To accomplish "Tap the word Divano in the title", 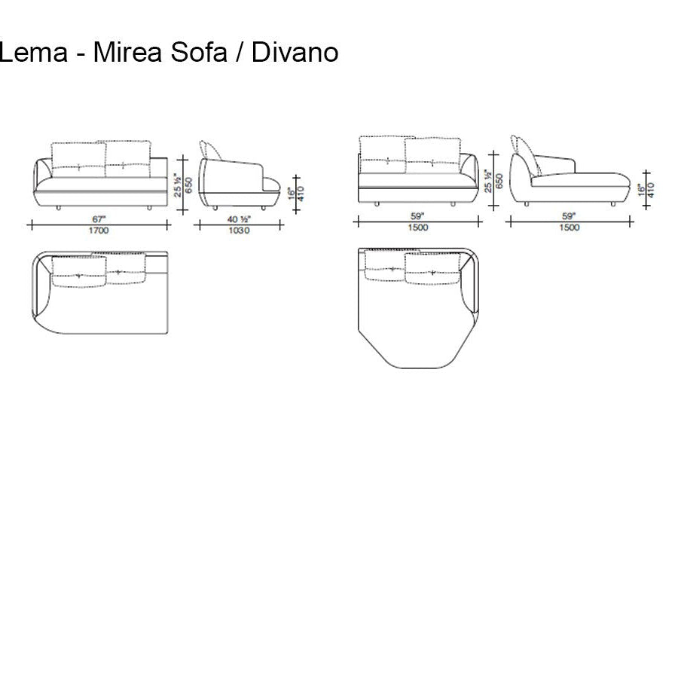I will (x=295, y=53).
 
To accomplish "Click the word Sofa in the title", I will (x=207, y=53).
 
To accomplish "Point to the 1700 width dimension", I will (x=99, y=231).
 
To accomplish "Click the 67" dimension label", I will (x=99, y=218).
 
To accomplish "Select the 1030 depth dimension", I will (x=239, y=231).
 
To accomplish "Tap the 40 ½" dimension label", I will (x=239, y=218).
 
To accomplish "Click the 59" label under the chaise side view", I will (x=570, y=216).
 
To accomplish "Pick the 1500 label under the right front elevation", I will (x=418, y=228).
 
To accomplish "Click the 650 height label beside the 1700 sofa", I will (x=188, y=185).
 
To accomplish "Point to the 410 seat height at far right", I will (x=650, y=188).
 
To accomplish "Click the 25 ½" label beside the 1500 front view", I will (x=488, y=182).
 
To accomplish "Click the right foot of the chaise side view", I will (x=615, y=203).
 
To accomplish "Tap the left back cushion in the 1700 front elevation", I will (x=78, y=156).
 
